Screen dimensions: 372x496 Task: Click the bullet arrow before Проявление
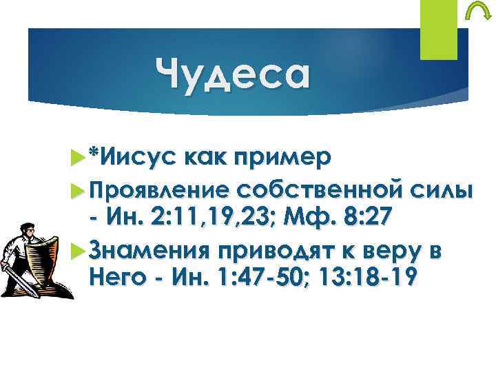[x=76, y=189]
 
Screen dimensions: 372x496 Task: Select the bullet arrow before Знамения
[x=76, y=249]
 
